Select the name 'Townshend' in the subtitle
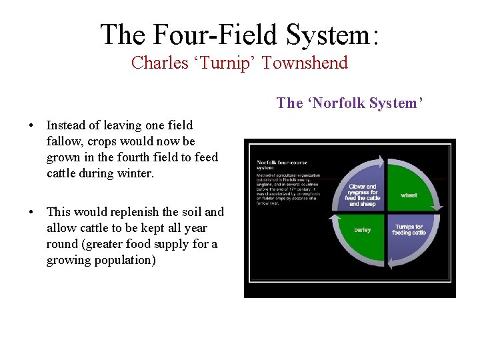pyautogui.click(x=305, y=63)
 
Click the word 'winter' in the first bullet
pyautogui.click(x=136, y=174)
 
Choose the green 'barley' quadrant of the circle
pyautogui.click(x=363, y=231)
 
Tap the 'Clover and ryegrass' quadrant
pyautogui.click(x=363, y=193)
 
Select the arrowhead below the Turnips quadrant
pyautogui.click(x=391, y=265)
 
